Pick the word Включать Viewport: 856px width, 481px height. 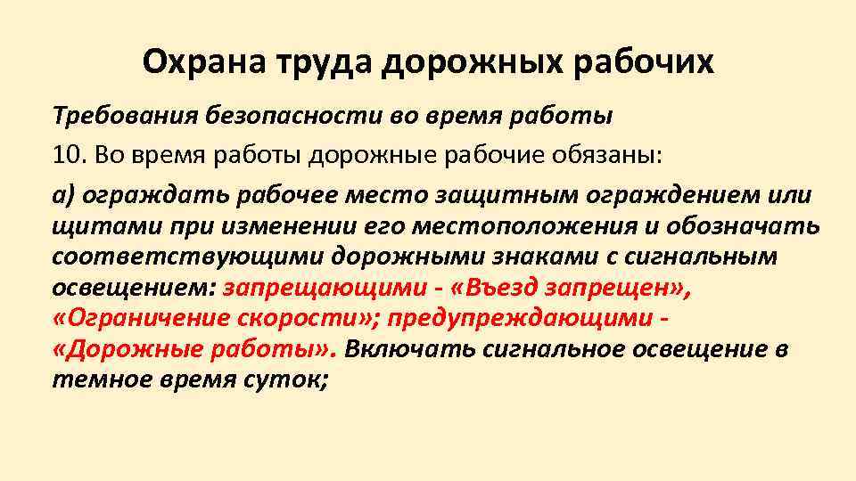pyautogui.click(x=407, y=348)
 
